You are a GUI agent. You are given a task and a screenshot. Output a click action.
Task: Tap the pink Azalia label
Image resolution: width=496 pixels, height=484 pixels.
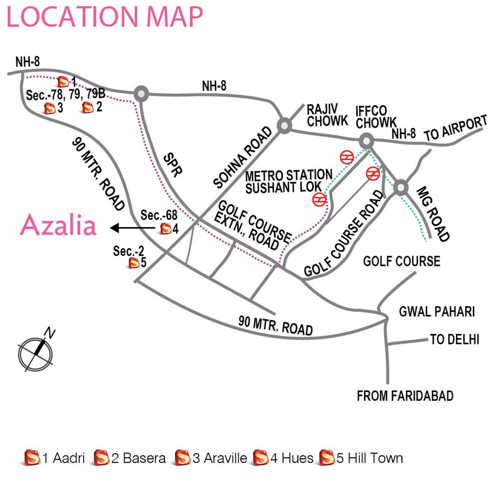58,226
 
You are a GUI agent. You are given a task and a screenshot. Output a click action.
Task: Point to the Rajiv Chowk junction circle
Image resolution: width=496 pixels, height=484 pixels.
284,125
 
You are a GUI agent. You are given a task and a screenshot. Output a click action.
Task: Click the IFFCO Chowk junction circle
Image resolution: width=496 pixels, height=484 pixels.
366,141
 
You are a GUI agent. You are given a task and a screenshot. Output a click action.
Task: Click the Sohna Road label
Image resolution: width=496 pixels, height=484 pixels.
243,157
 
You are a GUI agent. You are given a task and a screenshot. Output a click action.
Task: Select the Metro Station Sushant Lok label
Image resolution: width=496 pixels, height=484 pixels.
288,181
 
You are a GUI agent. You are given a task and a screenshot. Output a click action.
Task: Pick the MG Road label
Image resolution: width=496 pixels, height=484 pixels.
432,214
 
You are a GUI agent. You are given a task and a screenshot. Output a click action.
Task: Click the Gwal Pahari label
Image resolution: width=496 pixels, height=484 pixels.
436,311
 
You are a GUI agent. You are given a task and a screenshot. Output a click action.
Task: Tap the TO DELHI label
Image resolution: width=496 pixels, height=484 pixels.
454,340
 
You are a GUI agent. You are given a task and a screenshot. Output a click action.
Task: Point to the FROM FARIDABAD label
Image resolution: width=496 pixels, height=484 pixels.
405,396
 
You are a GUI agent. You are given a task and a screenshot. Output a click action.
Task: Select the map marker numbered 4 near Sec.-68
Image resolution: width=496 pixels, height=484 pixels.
166,229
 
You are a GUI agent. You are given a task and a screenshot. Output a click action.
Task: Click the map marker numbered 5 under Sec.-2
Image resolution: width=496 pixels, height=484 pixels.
134,263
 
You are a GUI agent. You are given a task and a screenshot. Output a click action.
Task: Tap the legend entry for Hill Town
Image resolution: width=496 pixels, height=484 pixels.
362,458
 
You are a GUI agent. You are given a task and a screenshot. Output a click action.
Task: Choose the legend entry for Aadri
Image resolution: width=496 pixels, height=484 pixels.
55,458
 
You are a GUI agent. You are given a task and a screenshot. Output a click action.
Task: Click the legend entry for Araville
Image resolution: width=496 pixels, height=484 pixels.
211,458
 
